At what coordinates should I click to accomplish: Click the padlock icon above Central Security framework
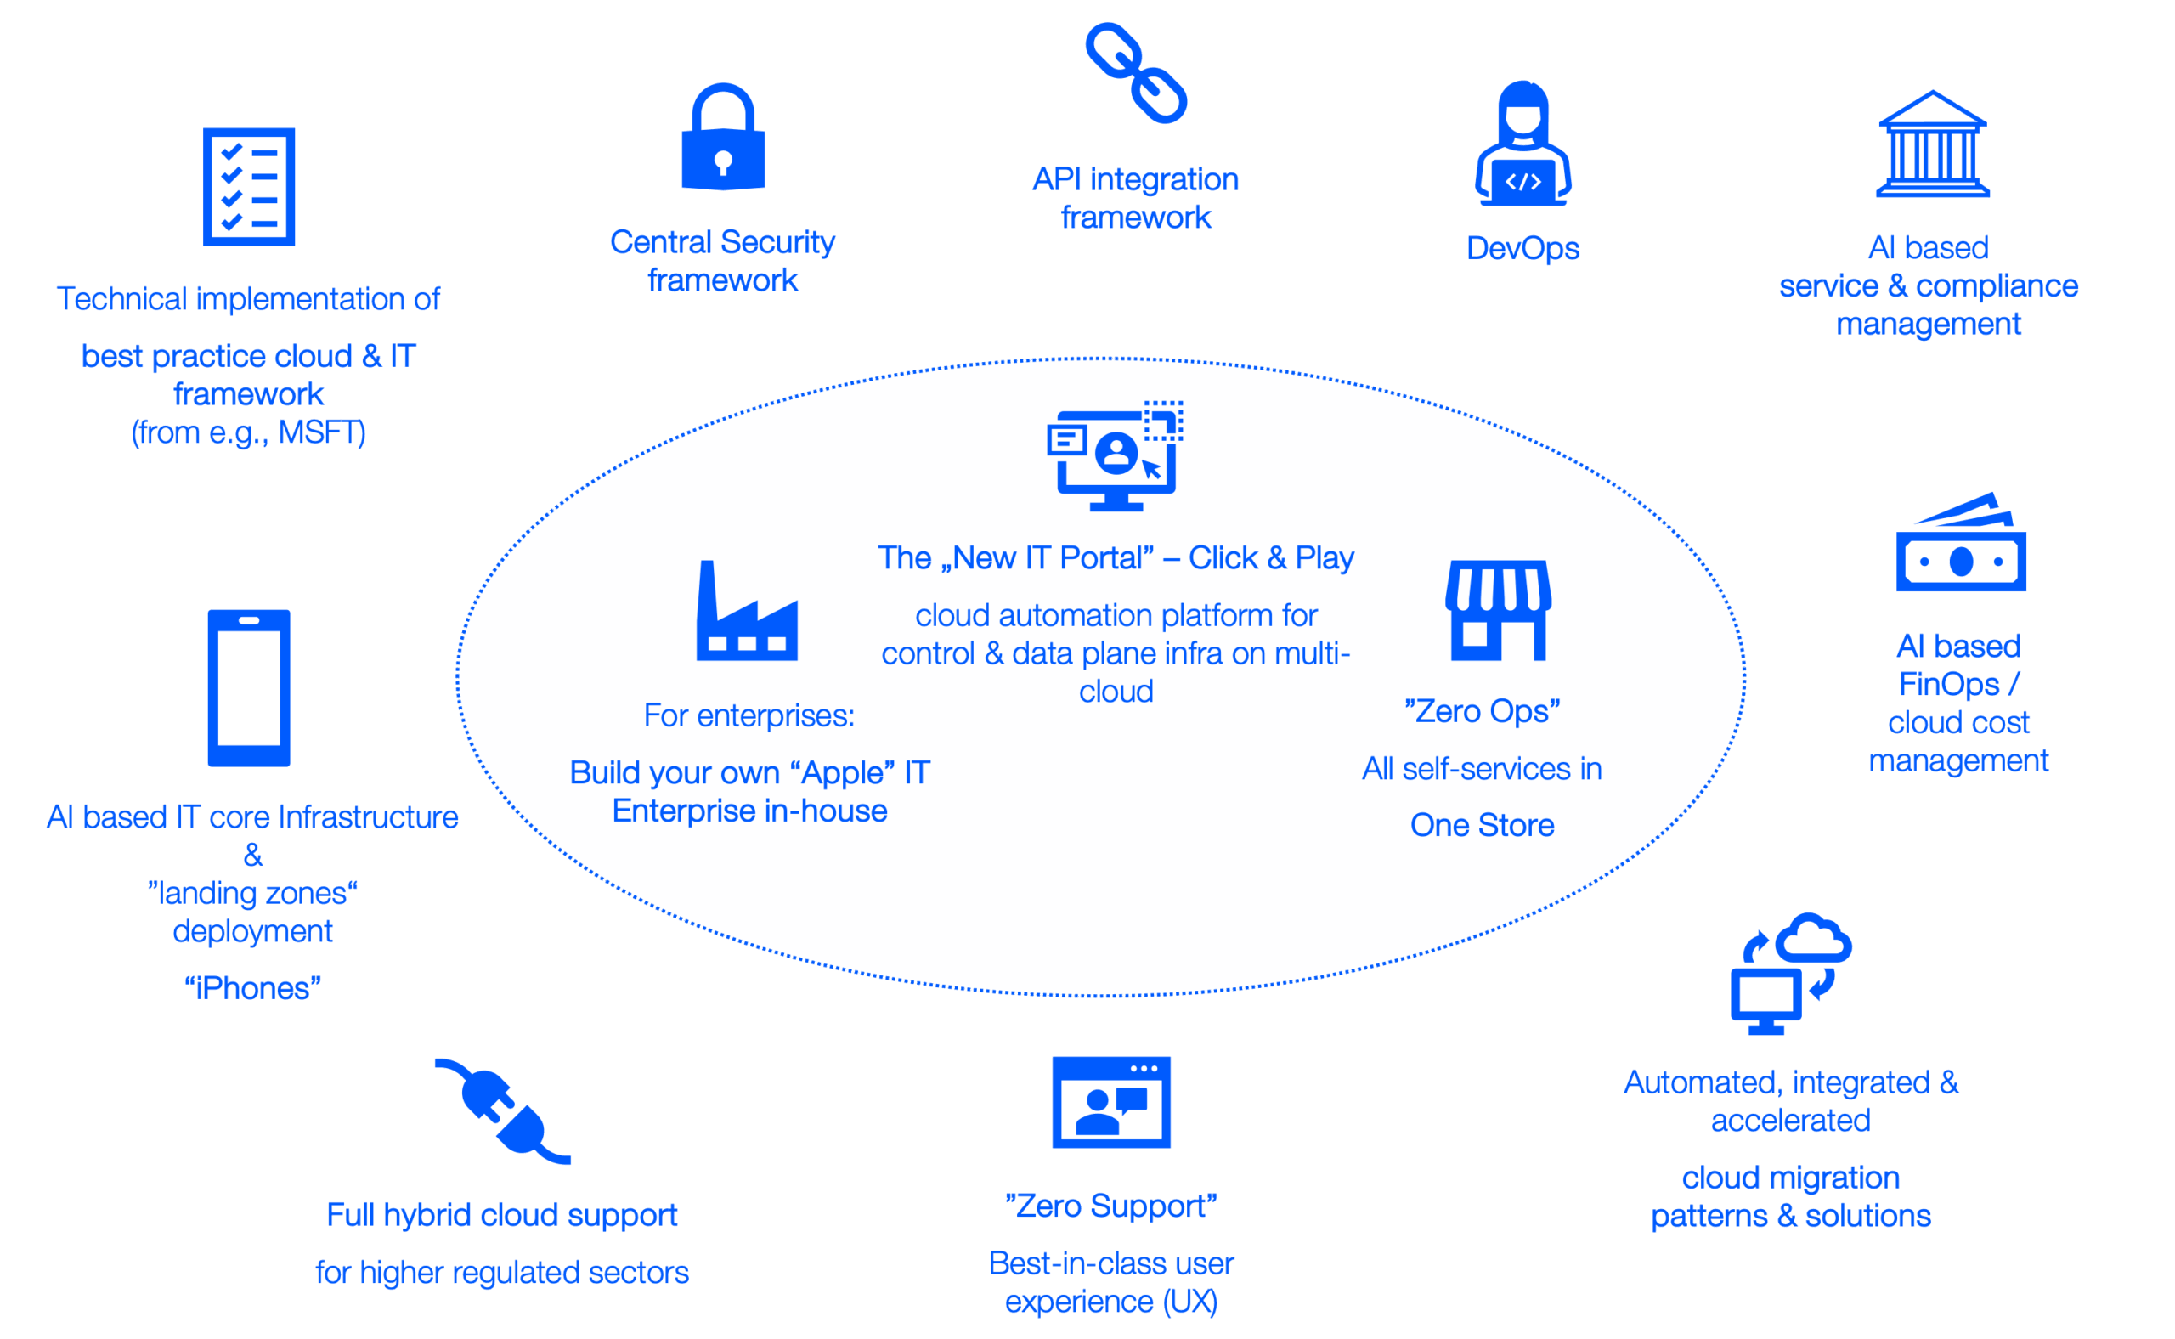(723, 138)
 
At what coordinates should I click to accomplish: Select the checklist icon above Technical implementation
(249, 187)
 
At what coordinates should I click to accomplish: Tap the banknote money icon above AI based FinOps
(1961, 544)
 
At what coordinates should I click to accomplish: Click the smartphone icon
(249, 688)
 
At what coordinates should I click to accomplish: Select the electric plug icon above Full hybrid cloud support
(502, 1111)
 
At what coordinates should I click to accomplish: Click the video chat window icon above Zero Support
(1111, 1102)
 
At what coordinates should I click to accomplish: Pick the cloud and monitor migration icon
(1791, 975)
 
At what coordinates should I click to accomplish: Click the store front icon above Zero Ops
(1498, 610)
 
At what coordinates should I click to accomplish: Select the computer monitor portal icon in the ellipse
(1115, 456)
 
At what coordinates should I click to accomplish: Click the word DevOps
(1522, 249)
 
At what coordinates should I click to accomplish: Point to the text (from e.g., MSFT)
(249, 433)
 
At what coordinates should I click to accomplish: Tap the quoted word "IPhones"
(252, 988)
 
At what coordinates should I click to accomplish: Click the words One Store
(1482, 825)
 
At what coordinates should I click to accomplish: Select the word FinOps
(1949, 685)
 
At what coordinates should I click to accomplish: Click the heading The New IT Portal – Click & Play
(1116, 558)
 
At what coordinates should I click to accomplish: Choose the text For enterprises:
(749, 715)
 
